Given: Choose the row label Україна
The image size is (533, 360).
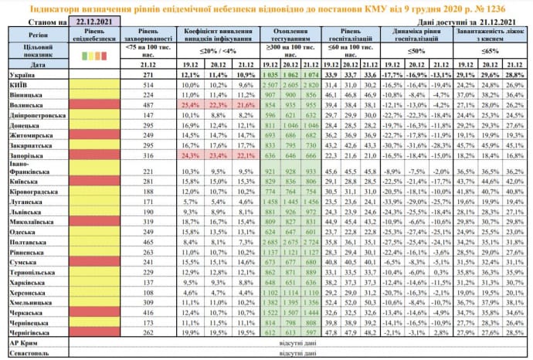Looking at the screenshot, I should (x=22, y=75).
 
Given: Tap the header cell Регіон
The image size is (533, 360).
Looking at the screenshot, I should (x=32, y=36).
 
